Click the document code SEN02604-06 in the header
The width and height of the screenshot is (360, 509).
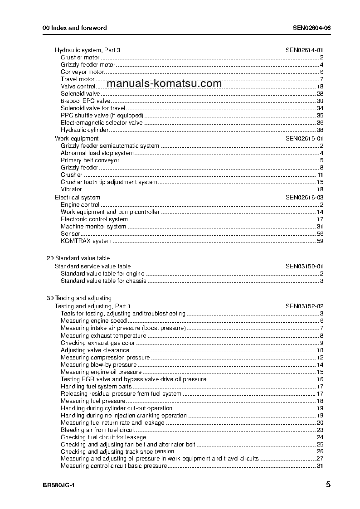click(x=311, y=28)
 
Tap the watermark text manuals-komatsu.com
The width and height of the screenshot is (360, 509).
click(x=165, y=83)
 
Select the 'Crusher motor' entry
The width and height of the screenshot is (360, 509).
click(x=80, y=58)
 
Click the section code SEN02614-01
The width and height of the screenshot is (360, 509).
click(x=304, y=50)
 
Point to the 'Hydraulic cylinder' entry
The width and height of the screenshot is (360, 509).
click(x=85, y=130)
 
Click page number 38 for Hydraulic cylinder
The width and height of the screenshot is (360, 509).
click(x=320, y=130)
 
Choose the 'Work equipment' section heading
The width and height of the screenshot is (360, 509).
click(x=77, y=138)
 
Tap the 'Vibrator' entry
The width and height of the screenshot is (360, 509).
click(x=71, y=189)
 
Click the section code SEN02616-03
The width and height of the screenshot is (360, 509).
click(x=304, y=197)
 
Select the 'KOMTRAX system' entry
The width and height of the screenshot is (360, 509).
click(x=86, y=241)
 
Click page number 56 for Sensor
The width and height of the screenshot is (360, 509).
click(x=320, y=233)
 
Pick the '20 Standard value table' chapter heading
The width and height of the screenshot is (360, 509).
click(x=78, y=258)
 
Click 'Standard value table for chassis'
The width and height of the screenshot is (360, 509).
click(x=103, y=281)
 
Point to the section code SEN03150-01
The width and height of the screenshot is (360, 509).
click(x=304, y=266)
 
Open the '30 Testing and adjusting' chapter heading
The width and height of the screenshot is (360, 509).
click(x=79, y=298)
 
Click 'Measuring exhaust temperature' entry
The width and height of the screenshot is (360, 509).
click(x=103, y=336)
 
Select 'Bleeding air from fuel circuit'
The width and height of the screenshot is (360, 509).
click(x=98, y=430)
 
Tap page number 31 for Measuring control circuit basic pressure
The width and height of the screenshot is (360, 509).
click(x=320, y=466)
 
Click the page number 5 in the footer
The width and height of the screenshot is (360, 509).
click(x=328, y=485)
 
